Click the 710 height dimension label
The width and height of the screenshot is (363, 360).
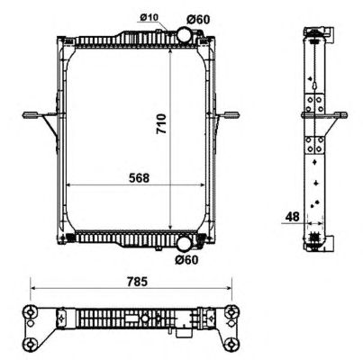161,123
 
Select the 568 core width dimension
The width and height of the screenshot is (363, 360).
139,178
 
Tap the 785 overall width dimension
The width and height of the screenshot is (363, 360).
137,282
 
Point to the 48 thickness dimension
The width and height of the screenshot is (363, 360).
292,216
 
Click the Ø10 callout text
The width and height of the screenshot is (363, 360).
149,17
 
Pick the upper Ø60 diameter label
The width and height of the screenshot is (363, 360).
198,20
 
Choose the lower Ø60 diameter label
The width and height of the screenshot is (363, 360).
186,260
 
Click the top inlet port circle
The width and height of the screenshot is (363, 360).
185,34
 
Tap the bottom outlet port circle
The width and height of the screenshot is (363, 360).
184,244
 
